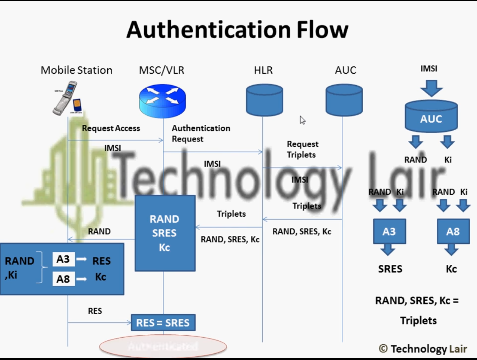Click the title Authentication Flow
(x=237, y=30)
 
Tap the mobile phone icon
(x=67, y=98)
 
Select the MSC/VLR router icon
(x=162, y=101)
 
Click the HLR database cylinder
(x=264, y=100)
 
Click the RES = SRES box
(x=163, y=323)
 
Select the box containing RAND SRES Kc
(x=165, y=233)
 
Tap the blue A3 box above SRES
(x=389, y=232)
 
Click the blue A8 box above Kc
(x=452, y=232)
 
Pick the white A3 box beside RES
(x=63, y=259)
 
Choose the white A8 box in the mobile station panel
(x=63, y=279)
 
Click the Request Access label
(x=111, y=128)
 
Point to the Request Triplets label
(x=302, y=149)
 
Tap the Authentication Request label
(x=200, y=133)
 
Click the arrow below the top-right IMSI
(x=431, y=89)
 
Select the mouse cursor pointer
(x=302, y=120)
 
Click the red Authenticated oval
(x=163, y=347)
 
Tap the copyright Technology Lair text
(x=423, y=349)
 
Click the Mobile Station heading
(x=76, y=70)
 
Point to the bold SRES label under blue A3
(x=390, y=269)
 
